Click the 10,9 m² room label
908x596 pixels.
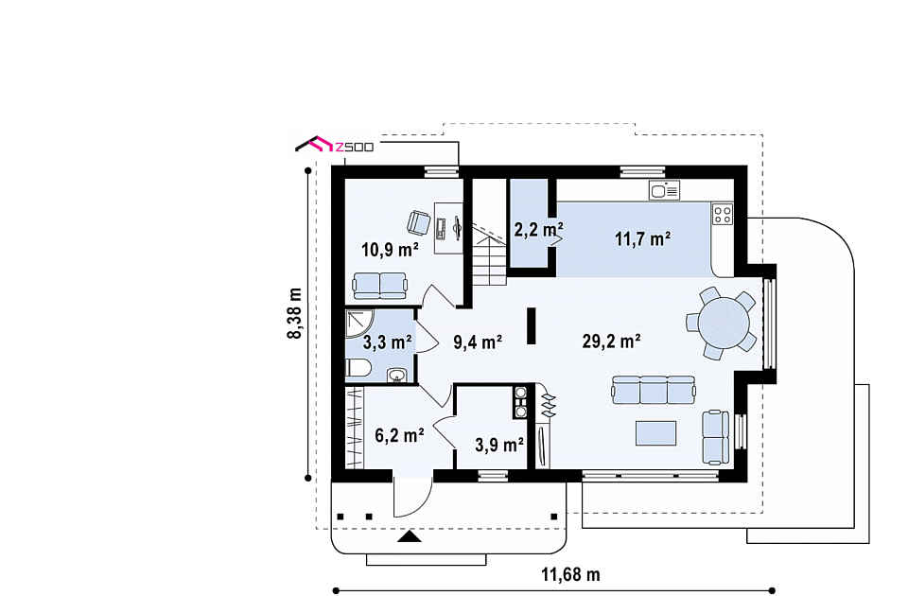[391, 250]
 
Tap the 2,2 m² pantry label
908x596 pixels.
[539, 230]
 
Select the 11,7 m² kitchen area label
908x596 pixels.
[643, 238]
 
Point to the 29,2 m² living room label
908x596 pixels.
[611, 342]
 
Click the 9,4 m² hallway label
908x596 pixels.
[477, 342]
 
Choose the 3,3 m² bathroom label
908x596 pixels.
[388, 342]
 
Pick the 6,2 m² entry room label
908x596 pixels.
[399, 435]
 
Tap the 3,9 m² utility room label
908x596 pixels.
[499, 445]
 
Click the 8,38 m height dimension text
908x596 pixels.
[295, 313]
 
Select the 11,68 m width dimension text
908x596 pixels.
[571, 574]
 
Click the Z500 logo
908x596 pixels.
[335, 144]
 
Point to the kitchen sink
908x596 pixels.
[664, 190]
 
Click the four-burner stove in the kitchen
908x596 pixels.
[722, 214]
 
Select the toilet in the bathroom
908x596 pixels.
[358, 368]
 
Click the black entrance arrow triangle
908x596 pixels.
[410, 536]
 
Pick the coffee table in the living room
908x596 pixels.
[655, 433]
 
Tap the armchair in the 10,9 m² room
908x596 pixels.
[419, 222]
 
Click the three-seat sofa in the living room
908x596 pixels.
[654, 390]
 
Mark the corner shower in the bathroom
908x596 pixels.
[359, 324]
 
